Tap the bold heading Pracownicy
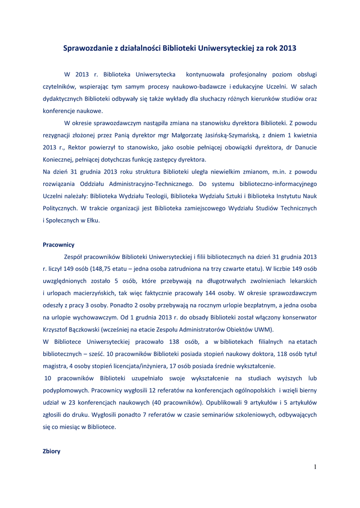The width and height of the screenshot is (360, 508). [59, 245]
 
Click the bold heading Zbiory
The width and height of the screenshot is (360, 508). [52, 451]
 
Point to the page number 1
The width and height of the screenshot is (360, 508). [315, 466]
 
